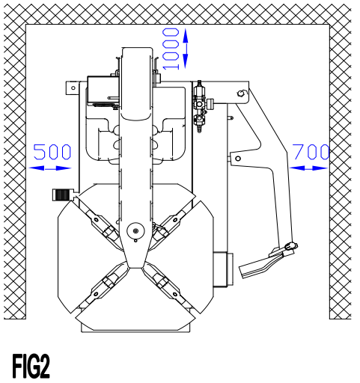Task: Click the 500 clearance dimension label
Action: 52,152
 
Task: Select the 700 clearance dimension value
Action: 310,152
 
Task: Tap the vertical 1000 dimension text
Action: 171,49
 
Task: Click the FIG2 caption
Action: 31,367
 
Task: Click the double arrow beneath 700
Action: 308,168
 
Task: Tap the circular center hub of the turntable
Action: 135,231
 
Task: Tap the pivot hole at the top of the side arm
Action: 240,94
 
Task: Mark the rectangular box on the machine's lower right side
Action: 222,269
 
